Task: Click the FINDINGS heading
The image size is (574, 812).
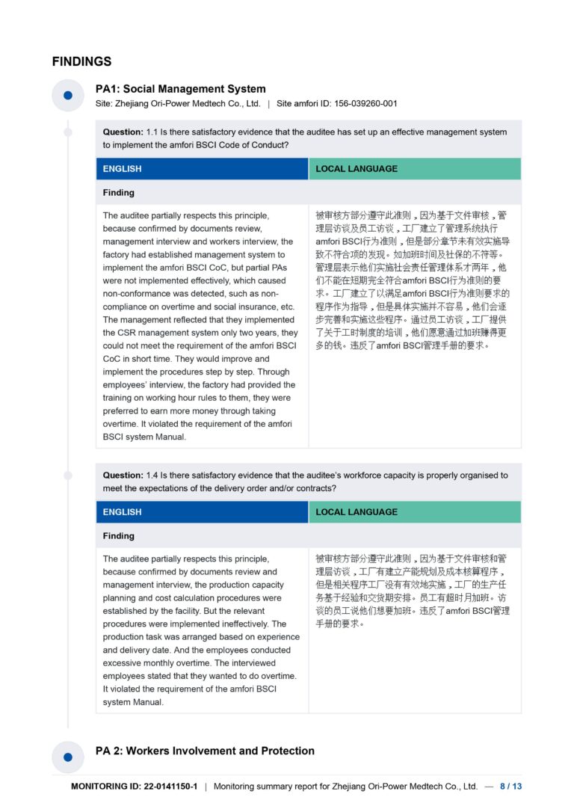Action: [81, 61]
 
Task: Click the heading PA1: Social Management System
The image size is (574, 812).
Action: [180, 89]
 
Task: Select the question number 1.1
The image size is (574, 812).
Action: [153, 132]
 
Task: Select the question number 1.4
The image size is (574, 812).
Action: [153, 476]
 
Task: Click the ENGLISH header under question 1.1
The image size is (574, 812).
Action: [123, 169]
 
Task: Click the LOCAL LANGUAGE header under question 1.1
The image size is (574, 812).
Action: [356, 169]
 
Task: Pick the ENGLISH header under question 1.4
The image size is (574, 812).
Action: [123, 512]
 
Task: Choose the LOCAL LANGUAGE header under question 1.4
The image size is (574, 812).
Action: [356, 512]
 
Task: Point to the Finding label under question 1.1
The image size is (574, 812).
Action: [119, 193]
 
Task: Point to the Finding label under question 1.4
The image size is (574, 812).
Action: [119, 536]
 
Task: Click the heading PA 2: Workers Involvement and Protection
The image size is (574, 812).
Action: [205, 751]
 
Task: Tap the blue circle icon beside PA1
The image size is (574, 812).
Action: [68, 95]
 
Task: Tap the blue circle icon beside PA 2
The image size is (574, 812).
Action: [68, 757]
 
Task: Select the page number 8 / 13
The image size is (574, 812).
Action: [510, 787]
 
